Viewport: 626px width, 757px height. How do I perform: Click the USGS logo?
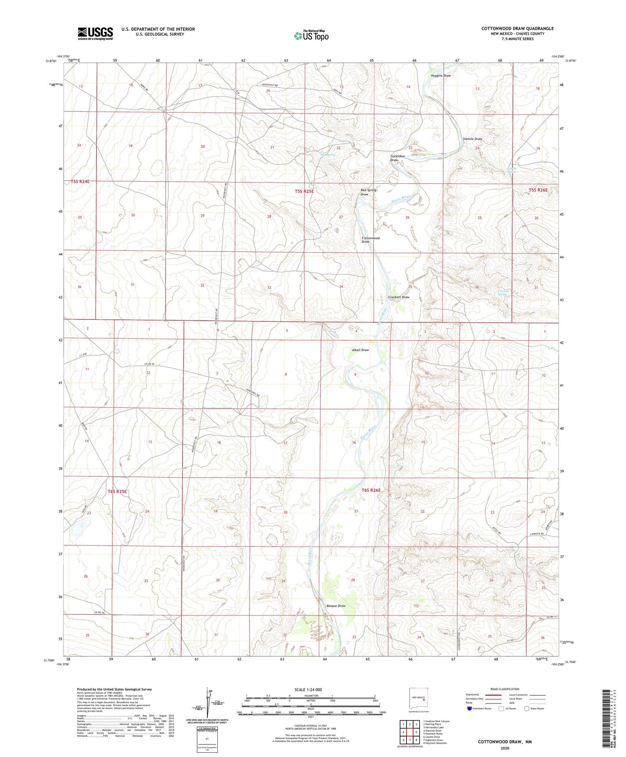click(x=95, y=33)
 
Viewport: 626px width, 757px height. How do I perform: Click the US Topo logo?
click(x=311, y=35)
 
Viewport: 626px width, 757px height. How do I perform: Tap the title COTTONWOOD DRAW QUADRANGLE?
click(x=517, y=28)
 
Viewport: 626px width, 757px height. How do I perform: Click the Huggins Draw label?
click(x=441, y=76)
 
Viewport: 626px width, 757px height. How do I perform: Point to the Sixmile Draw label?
click(x=472, y=139)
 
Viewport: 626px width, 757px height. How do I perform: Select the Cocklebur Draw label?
click(x=394, y=158)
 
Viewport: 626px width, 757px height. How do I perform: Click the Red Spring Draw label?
click(x=368, y=192)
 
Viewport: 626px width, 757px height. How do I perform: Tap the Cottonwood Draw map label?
click(x=370, y=240)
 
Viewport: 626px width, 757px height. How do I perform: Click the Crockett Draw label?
click(x=399, y=297)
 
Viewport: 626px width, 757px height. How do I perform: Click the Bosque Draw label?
click(x=336, y=605)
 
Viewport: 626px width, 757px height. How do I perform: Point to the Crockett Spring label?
click(x=503, y=292)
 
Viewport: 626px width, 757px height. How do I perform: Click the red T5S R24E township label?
click(x=80, y=182)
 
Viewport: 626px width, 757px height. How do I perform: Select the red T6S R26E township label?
click(x=371, y=490)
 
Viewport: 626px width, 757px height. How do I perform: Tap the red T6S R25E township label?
click(x=117, y=491)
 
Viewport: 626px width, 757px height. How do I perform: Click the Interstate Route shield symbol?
click(x=469, y=709)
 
